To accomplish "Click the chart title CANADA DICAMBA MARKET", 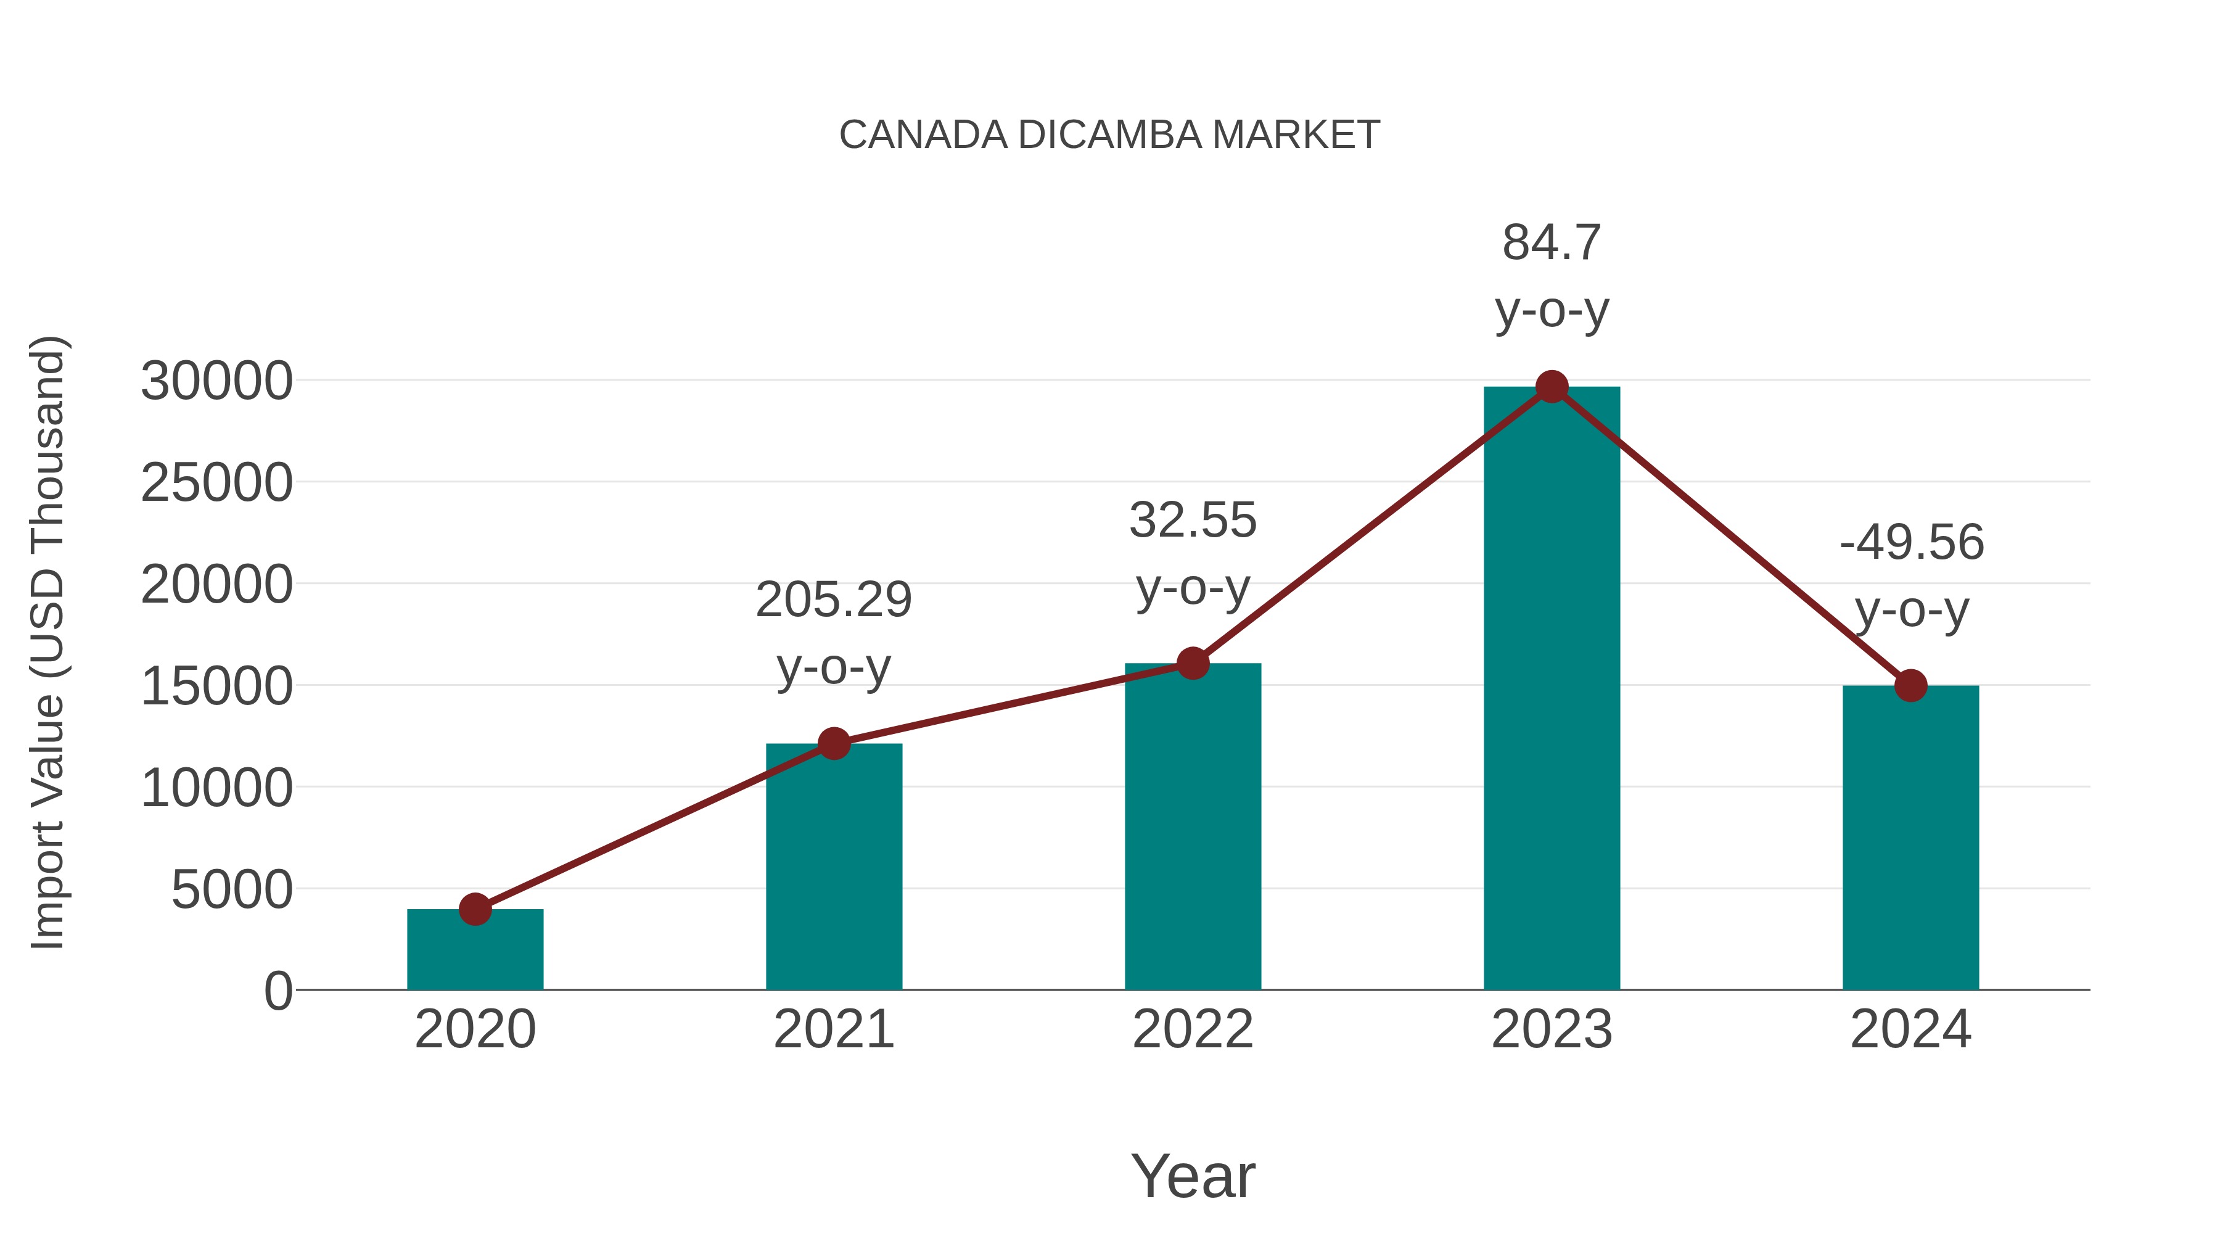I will click(1109, 135).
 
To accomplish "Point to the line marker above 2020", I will click(475, 909).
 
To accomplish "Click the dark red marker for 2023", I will click(1552, 387).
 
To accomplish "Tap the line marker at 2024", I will click(1910, 685).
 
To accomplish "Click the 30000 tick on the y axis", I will click(216, 381).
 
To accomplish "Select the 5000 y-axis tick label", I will click(232, 889).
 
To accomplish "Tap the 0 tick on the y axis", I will click(278, 991).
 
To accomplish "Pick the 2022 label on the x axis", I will click(1193, 1029).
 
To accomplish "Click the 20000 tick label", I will click(216, 585).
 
